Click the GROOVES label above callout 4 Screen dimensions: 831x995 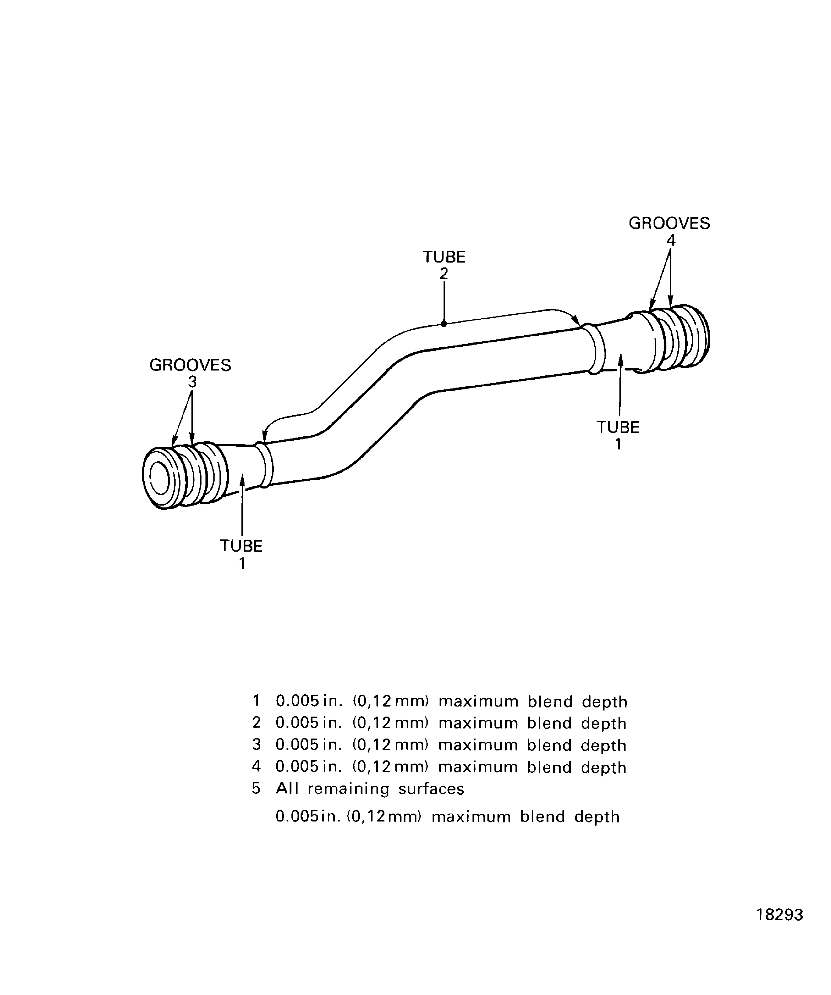coord(669,223)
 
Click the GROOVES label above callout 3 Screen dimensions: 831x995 coord(190,365)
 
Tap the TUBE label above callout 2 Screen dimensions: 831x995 coord(444,257)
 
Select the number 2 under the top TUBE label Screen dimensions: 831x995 coord(444,274)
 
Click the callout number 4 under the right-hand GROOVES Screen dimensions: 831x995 coord(671,240)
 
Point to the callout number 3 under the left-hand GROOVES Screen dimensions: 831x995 coord(192,382)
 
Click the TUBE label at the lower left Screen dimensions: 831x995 coord(241,546)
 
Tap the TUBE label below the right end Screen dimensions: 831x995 coord(618,428)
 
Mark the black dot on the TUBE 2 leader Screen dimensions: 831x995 coord(444,324)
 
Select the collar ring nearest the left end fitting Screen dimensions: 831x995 coord(264,465)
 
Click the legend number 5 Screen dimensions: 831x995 coord(256,789)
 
